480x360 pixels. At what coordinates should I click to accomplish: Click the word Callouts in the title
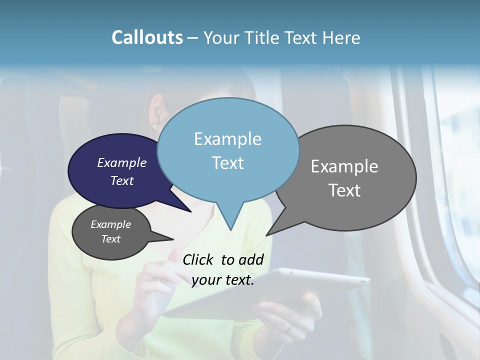pyautogui.click(x=147, y=37)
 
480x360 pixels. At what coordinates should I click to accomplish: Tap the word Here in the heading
pyautogui.click(x=342, y=37)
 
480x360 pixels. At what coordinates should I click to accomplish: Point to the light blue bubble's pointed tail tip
pyautogui.click(x=230, y=230)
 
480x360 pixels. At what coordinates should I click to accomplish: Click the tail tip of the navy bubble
pyautogui.click(x=191, y=212)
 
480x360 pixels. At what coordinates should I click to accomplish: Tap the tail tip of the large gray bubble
pyautogui.click(x=267, y=235)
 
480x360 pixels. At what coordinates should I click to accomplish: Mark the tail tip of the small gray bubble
pyautogui.click(x=173, y=239)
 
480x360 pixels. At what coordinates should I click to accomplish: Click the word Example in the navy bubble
pyautogui.click(x=122, y=162)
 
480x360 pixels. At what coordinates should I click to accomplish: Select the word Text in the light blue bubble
pyautogui.click(x=228, y=163)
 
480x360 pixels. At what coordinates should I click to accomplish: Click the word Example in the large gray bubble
pyautogui.click(x=344, y=166)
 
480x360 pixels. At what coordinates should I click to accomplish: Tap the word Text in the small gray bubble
pyautogui.click(x=111, y=239)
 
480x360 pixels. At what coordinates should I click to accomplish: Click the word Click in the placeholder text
pyautogui.click(x=198, y=259)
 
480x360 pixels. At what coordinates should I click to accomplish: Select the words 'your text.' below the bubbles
pyautogui.click(x=223, y=280)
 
